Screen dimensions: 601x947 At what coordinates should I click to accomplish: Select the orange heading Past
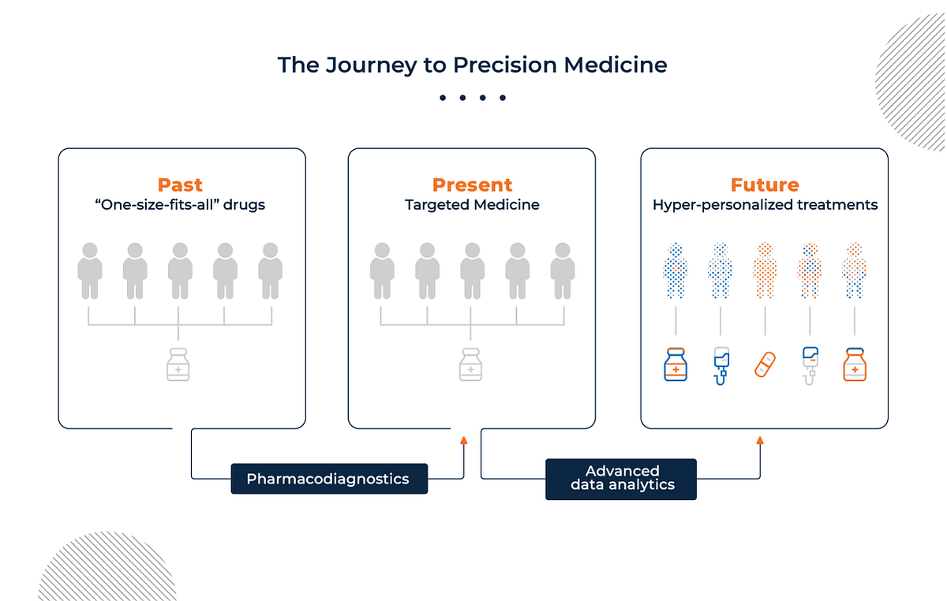[x=180, y=185]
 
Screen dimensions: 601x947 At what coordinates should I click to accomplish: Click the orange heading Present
[x=472, y=185]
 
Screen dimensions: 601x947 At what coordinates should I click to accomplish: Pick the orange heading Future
[x=765, y=185]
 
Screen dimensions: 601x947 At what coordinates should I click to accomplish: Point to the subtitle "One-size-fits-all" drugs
[x=180, y=205]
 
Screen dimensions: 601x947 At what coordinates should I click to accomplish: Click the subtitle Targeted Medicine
[x=472, y=205]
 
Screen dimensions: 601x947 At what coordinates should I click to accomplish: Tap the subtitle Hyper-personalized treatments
[x=765, y=205]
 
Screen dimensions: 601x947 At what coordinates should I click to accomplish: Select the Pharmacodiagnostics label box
[x=328, y=479]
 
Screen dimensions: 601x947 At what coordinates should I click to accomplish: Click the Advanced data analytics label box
[x=622, y=479]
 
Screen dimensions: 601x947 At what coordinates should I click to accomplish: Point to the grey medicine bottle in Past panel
[x=178, y=364]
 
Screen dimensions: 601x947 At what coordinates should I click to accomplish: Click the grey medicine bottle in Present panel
[x=471, y=364]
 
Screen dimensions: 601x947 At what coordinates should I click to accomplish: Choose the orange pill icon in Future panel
[x=765, y=365]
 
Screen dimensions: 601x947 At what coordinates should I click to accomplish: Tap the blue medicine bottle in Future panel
[x=676, y=364]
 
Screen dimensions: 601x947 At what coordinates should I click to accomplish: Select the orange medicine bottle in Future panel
[x=855, y=364]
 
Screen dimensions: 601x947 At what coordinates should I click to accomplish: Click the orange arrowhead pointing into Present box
[x=463, y=441]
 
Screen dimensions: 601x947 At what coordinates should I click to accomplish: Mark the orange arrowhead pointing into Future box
[x=760, y=441]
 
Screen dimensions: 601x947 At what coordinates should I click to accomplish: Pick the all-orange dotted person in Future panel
[x=765, y=271]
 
